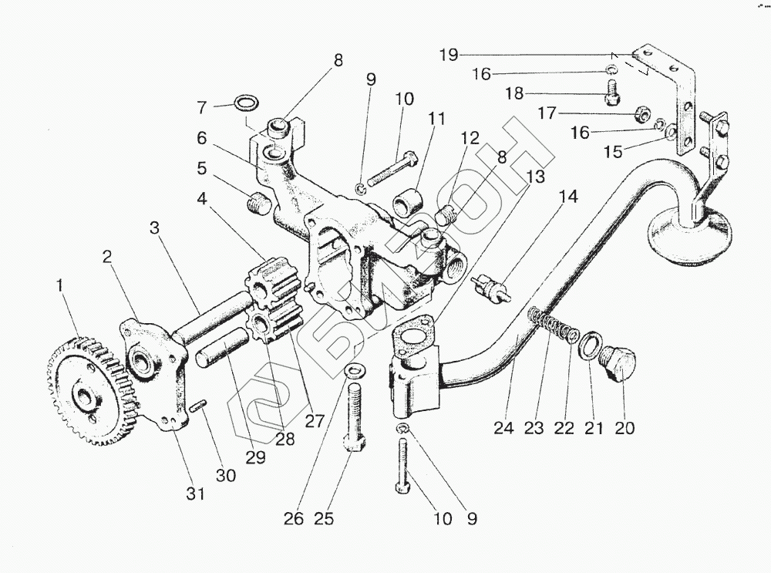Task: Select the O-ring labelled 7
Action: pyautogui.click(x=246, y=103)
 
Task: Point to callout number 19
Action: pyautogui.click(x=449, y=54)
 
